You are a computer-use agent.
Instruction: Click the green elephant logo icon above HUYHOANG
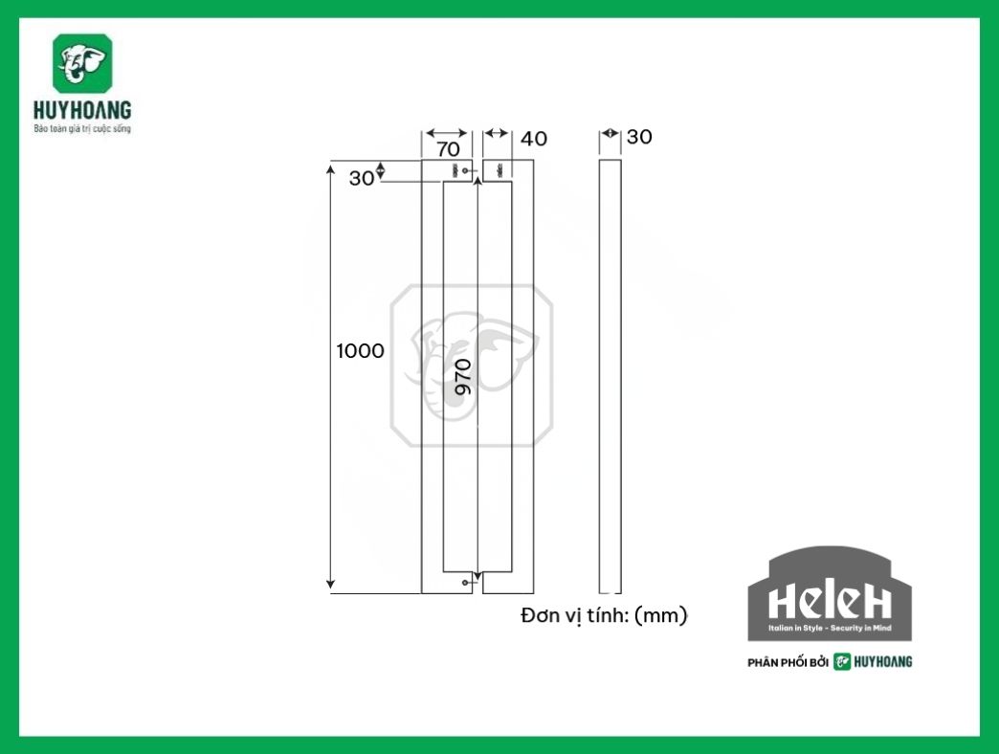pos(82,64)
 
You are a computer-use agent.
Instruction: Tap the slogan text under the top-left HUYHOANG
pos(81,127)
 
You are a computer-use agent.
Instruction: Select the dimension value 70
pos(448,149)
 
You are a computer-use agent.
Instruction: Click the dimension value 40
pos(534,139)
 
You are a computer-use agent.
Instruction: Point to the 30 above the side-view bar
pos(639,137)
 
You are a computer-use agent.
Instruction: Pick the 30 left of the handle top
pos(361,178)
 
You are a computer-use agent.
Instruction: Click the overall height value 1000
pos(360,351)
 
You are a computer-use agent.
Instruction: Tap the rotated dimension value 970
pos(463,377)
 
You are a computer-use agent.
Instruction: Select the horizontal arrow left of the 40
pos(497,134)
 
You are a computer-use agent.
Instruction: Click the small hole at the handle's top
pos(466,171)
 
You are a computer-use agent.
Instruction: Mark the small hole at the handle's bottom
pos(465,582)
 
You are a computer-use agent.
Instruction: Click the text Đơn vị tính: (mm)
pos(604,615)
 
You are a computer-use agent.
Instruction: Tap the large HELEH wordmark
pos(829,601)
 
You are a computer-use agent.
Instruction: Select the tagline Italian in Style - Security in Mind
pos(829,630)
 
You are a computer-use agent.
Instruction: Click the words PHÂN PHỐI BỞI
pos(787,662)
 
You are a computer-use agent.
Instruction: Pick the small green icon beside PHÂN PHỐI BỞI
pos(841,661)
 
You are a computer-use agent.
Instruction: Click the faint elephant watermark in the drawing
pos(471,365)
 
